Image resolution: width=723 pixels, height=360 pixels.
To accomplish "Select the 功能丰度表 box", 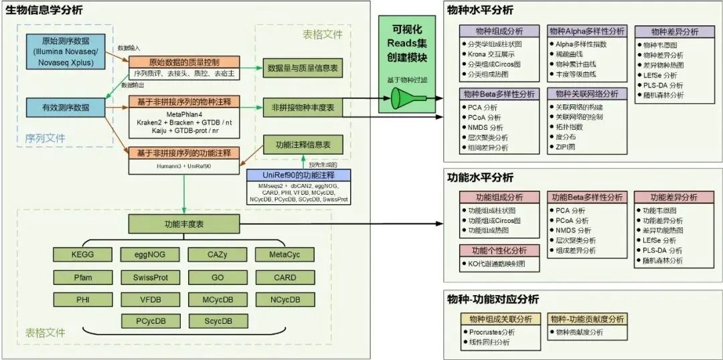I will pyautogui.click(x=185, y=223).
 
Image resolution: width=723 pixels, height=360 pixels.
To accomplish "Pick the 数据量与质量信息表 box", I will pyautogui.click(x=302, y=68).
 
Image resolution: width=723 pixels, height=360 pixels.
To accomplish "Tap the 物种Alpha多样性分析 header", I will pyautogui.click(x=586, y=31).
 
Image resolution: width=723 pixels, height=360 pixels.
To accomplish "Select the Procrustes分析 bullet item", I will pyautogui.click(x=491, y=332).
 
